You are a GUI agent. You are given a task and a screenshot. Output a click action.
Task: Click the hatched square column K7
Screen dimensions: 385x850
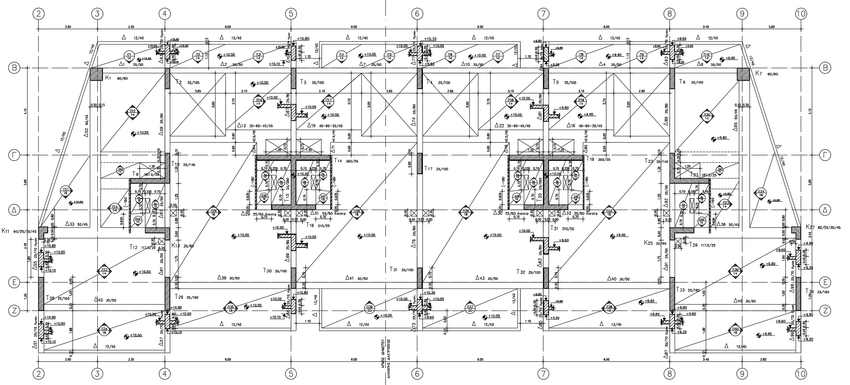[743, 74]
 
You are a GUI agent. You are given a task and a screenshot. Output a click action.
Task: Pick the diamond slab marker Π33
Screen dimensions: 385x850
[104, 271]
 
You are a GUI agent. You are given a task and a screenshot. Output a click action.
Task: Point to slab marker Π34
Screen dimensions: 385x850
[104, 330]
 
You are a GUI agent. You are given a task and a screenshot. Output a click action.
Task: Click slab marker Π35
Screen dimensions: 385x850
[231, 308]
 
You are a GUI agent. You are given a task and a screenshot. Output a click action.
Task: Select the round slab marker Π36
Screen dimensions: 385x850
[369, 308]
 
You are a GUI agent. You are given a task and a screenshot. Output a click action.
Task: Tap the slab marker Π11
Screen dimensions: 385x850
[66, 192]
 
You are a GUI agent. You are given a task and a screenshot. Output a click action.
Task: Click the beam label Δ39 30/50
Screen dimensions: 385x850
[229, 278]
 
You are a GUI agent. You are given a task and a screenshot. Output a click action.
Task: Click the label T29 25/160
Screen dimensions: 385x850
[186, 297]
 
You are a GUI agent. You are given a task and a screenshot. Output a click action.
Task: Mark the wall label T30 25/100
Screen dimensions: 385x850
[275, 271]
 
